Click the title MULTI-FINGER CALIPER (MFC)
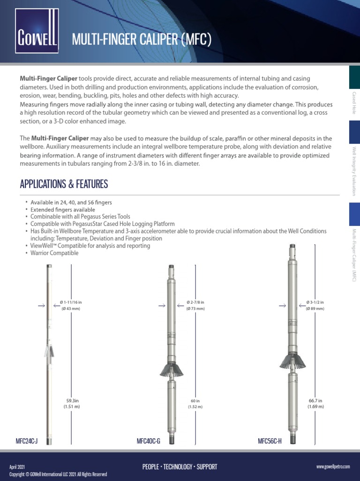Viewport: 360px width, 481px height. point(142,40)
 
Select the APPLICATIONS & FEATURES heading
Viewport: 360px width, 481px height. point(64,184)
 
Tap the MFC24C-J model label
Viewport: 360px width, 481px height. point(27,442)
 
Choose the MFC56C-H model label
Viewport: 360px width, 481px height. point(270,442)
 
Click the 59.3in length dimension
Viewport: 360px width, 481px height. point(72,403)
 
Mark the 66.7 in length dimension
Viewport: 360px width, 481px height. point(316,403)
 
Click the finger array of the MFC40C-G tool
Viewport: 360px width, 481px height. point(171,368)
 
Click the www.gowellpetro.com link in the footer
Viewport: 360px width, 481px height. point(333,466)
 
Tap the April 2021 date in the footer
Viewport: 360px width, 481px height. point(16,466)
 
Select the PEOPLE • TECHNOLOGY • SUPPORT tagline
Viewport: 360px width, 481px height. point(180,466)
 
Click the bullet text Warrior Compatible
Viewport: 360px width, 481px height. point(54,253)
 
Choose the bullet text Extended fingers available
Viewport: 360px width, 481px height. point(63,209)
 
